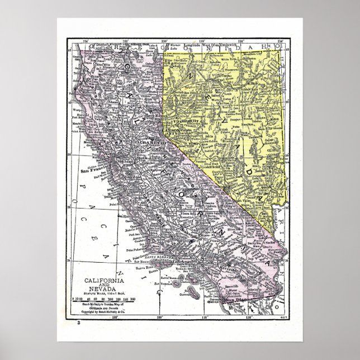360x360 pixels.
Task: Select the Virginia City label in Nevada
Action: pos(178,121)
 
